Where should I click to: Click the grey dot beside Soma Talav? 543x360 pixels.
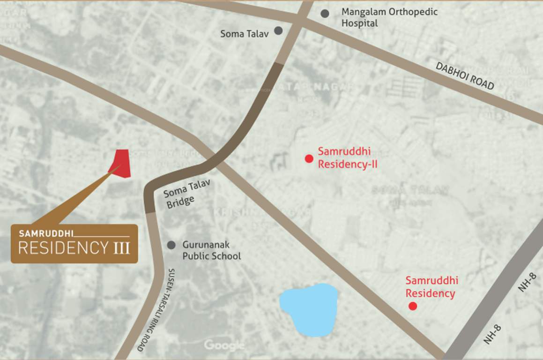278,30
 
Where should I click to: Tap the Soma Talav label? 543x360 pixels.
245,34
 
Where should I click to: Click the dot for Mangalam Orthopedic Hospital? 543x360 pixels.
325,14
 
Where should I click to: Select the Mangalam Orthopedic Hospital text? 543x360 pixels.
389,17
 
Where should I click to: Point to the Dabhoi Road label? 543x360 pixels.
465,76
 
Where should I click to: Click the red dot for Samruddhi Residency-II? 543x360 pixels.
309,158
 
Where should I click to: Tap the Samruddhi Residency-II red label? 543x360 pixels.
348,157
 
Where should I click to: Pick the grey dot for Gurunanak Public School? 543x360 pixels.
171,245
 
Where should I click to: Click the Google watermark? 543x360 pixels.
224,346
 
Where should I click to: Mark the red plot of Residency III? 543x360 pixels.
120,164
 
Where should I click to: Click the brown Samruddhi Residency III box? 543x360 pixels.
74,243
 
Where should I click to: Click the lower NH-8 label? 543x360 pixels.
492,335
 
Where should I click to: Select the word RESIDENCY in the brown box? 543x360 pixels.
63,247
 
